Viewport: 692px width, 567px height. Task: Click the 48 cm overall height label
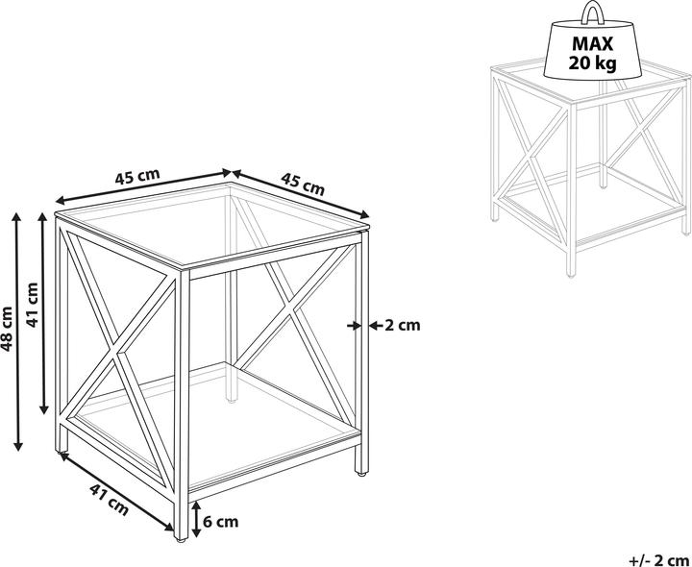[x=8, y=329]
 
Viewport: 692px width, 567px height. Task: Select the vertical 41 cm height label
[x=33, y=305]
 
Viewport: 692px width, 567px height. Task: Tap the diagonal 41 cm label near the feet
[x=109, y=500]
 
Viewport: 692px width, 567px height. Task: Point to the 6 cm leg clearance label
[x=221, y=522]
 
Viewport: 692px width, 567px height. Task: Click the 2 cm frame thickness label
[x=403, y=326]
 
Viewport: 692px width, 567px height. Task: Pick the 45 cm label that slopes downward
[x=303, y=184]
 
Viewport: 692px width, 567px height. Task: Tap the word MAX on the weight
[x=593, y=44]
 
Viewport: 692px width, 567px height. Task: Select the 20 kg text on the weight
[x=592, y=64]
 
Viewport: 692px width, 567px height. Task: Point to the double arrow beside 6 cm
[x=197, y=519]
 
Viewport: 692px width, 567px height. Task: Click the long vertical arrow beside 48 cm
[x=17, y=332]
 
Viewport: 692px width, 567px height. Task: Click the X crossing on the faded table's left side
[x=531, y=159]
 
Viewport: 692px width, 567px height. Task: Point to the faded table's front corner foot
[x=571, y=274]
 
